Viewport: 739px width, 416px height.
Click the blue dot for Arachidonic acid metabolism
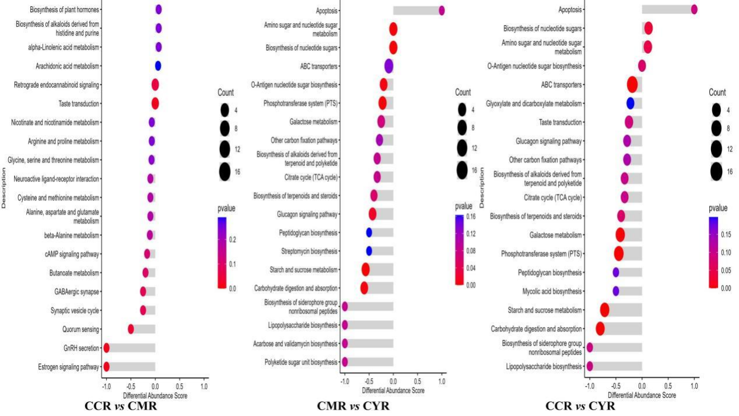click(158, 66)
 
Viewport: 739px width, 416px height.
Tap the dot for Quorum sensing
click(131, 329)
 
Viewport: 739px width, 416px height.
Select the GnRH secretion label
click(81, 348)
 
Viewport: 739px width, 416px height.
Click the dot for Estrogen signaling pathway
click(106, 367)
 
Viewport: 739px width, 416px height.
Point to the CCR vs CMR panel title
click(121, 405)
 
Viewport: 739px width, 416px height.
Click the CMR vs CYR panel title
click(353, 405)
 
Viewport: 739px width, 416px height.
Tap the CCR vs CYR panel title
click(580, 405)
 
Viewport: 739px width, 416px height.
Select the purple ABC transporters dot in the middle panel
click(389, 66)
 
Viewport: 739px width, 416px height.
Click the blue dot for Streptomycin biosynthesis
click(369, 251)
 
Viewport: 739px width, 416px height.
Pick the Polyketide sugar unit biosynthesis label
click(301, 362)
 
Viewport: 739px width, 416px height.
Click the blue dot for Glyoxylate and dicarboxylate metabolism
click(630, 103)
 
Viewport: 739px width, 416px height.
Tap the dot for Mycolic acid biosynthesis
click(615, 291)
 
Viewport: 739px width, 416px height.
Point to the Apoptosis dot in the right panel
click(694, 9)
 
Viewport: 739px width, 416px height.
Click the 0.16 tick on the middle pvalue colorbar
click(471, 217)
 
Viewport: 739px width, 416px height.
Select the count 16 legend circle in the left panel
click(225, 172)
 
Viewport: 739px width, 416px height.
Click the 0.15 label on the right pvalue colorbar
click(726, 235)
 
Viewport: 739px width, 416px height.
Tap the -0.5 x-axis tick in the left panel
click(131, 386)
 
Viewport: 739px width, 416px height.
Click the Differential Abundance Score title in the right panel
click(642, 395)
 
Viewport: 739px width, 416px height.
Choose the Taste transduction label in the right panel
click(560, 122)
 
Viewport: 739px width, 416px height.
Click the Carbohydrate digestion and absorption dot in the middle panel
click(364, 288)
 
